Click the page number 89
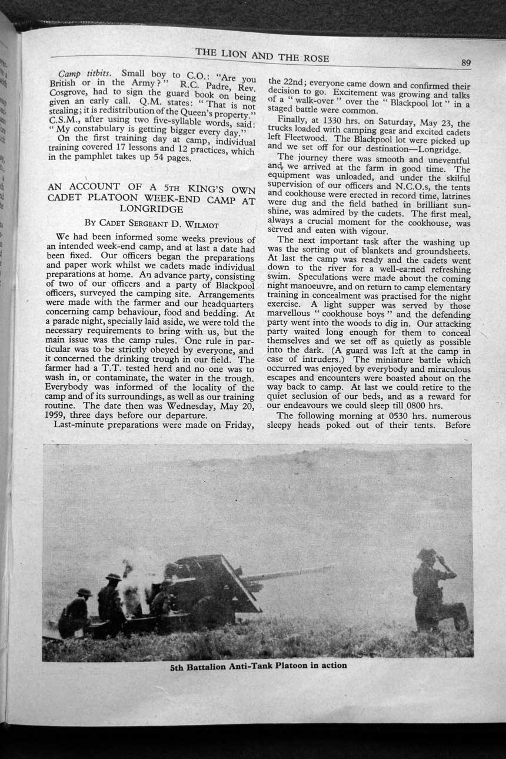(465, 63)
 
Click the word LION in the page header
(235, 54)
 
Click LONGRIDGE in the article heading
(151, 208)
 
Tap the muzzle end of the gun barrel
(330, 567)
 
